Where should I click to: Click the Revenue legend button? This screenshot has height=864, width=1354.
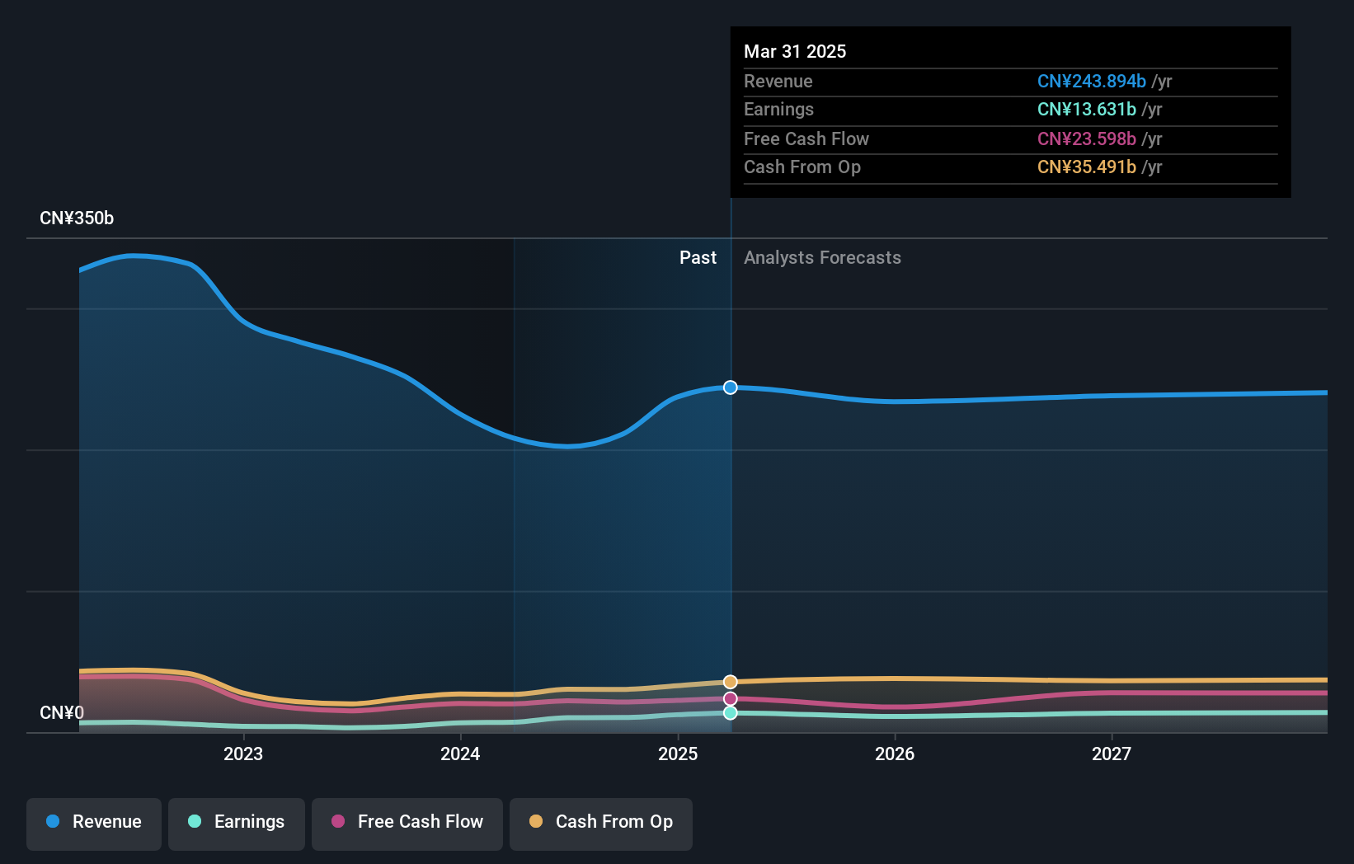[94, 822]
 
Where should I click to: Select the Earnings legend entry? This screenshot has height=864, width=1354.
[237, 822]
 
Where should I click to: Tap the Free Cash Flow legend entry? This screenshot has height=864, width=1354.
[407, 822]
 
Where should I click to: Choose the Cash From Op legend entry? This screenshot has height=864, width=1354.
[601, 822]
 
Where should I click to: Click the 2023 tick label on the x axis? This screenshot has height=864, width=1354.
[243, 754]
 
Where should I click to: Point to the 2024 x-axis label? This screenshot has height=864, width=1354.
[460, 754]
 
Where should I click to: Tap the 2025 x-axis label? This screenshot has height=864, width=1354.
[678, 754]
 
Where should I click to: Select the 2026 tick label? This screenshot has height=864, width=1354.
[895, 754]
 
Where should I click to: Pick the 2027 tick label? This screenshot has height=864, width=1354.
[1112, 754]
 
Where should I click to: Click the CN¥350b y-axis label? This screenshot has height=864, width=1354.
[77, 218]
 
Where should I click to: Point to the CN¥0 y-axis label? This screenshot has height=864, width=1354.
[62, 712]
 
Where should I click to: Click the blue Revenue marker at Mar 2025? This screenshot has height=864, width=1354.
[731, 387]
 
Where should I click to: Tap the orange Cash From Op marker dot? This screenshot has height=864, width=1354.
[731, 682]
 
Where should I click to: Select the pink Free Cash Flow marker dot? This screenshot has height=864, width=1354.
[731, 699]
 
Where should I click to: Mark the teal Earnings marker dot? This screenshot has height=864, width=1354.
[731, 713]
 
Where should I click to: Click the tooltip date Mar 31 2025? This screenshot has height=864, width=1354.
[795, 51]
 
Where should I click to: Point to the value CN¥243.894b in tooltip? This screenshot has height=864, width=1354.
[1091, 81]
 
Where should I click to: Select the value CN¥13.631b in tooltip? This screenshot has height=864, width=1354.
[1086, 109]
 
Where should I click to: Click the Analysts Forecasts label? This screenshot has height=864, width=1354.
[822, 258]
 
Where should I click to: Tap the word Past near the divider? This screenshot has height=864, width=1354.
[698, 258]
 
